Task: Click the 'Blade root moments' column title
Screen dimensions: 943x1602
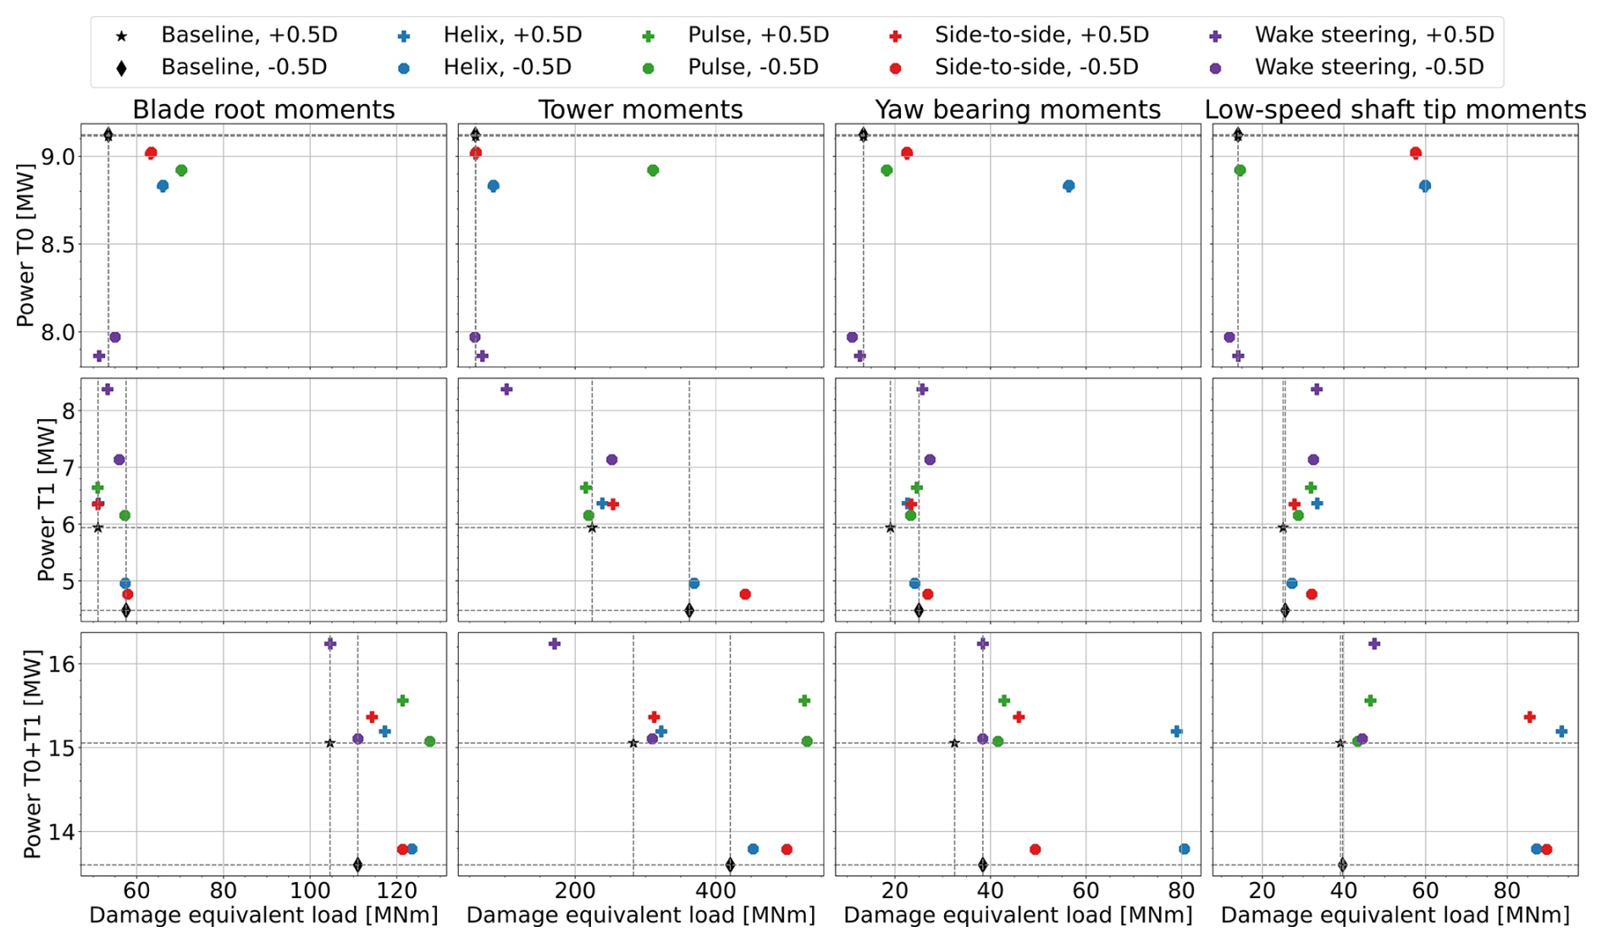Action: [x=263, y=110]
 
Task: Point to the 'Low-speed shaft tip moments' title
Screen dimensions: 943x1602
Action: [x=1395, y=110]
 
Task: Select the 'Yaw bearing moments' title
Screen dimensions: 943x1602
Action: [x=1017, y=110]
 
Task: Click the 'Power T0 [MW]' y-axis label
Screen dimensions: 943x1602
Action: [x=25, y=246]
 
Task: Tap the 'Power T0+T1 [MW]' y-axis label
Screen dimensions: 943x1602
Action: [x=32, y=754]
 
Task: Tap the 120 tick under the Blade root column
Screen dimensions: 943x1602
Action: [x=397, y=891]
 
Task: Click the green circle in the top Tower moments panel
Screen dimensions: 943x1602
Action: [x=653, y=171]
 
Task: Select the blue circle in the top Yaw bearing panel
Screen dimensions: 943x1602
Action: [x=1069, y=186]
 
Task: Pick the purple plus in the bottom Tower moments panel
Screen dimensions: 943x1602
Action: [x=555, y=644]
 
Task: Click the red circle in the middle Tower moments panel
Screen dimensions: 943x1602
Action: [x=745, y=595]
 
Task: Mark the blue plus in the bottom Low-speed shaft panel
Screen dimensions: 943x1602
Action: [x=1561, y=731]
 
